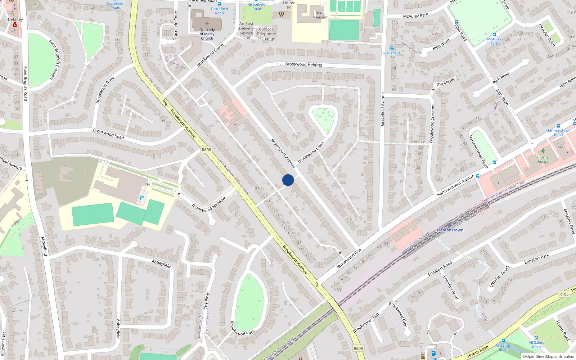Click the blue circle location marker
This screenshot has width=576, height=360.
click(288, 180)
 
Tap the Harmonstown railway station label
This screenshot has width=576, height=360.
click(449, 230)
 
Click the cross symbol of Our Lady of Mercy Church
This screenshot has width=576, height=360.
click(207, 24)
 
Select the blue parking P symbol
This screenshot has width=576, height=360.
click(142, 198)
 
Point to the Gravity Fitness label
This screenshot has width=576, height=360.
click(543, 159)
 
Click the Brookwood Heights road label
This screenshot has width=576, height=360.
click(303, 64)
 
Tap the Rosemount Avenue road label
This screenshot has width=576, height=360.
click(283, 153)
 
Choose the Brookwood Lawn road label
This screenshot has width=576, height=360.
click(311, 152)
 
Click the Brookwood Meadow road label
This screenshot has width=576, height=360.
click(209, 204)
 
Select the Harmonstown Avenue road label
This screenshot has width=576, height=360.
click(455, 185)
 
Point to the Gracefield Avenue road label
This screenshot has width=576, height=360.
click(383, 109)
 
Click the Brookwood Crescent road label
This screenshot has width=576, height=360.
click(432, 123)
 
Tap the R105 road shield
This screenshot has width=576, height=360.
click(564, 294)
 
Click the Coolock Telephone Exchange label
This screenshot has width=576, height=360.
click(266, 34)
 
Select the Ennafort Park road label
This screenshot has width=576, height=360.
click(536, 259)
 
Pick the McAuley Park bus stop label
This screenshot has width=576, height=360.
click(494, 41)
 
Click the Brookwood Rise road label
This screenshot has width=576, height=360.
click(349, 258)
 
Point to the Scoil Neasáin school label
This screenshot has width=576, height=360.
click(320, 15)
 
